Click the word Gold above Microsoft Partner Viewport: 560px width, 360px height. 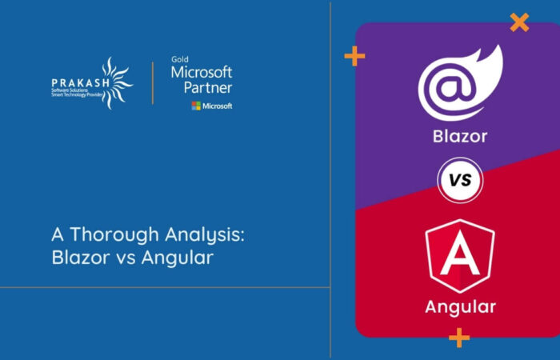click(x=180, y=59)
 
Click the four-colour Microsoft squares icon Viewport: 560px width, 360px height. click(x=196, y=106)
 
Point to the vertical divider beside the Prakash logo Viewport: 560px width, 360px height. click(x=153, y=82)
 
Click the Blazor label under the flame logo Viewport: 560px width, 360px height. click(x=460, y=136)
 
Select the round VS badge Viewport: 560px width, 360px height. click(x=459, y=180)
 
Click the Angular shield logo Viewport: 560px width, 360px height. click(x=459, y=255)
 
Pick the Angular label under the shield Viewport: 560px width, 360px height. click(x=460, y=306)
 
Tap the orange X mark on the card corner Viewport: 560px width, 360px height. click(x=519, y=22)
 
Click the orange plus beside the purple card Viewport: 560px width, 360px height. click(x=354, y=56)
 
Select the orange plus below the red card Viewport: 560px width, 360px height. click(x=459, y=338)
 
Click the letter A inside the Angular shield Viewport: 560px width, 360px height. click(x=459, y=257)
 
